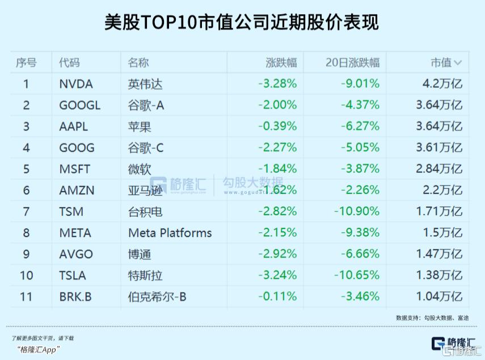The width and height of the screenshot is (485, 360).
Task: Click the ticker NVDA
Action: pos(75,84)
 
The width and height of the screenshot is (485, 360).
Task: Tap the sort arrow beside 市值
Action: pos(458,63)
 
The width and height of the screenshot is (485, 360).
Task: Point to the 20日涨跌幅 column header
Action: pos(352,62)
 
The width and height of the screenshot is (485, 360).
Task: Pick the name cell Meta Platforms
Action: pos(170,232)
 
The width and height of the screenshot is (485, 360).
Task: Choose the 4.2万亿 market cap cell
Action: pos(442,84)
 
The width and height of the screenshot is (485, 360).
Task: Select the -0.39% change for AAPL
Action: pos(277,126)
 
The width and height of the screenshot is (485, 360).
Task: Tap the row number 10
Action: pos(26,276)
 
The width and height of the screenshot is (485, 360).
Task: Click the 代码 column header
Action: pos(69,62)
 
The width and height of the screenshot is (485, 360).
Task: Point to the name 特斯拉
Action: pos(145,276)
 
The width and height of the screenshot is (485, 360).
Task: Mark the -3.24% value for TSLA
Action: pos(277,276)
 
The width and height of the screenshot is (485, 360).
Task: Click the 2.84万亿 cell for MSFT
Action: pos(439,169)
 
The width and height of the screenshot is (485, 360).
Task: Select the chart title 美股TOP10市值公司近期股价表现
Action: pos(242,22)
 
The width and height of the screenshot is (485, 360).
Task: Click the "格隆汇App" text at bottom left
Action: pos(39,349)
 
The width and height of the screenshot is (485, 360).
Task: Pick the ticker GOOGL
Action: pos(79,105)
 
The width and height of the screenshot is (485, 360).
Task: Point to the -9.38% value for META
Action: pos(360,232)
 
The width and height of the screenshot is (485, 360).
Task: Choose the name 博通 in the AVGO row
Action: pos(140,254)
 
